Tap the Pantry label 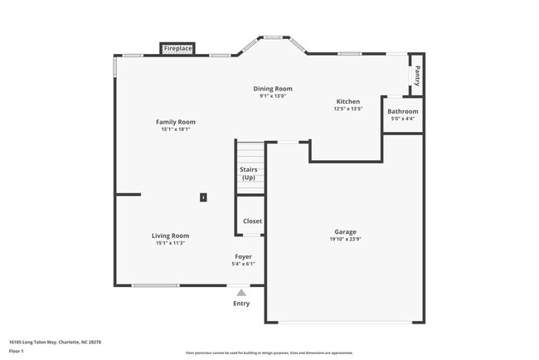click(x=417, y=75)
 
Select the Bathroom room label click(x=403, y=111)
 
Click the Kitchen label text click(x=347, y=101)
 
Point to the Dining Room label click(x=273, y=89)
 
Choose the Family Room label click(x=176, y=122)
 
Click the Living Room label click(x=170, y=236)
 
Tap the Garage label click(x=346, y=232)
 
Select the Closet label click(x=252, y=221)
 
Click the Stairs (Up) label click(x=249, y=173)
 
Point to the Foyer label click(x=243, y=257)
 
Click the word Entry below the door click(x=241, y=304)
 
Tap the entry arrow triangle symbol click(x=241, y=292)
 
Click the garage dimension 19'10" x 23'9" click(x=346, y=240)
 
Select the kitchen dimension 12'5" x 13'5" click(x=347, y=109)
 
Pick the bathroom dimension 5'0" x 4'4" click(x=403, y=119)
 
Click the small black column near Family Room click(x=203, y=197)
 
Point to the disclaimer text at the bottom click(x=269, y=353)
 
